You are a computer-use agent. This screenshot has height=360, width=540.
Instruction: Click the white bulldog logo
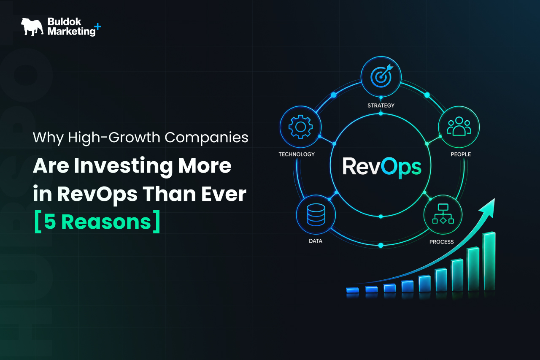click(x=32, y=27)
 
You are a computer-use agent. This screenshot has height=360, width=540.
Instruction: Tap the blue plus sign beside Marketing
click(x=97, y=26)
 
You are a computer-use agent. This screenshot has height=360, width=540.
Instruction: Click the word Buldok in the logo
click(x=64, y=22)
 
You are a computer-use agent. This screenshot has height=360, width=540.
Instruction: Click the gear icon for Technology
click(x=300, y=127)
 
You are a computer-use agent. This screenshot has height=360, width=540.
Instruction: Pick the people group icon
click(x=459, y=126)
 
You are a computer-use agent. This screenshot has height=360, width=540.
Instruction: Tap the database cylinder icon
click(x=316, y=215)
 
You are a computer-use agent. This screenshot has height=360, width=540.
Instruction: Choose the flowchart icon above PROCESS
click(x=443, y=214)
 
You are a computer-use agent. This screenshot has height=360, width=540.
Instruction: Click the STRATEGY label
click(x=381, y=106)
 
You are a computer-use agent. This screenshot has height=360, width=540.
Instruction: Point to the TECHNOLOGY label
click(x=297, y=154)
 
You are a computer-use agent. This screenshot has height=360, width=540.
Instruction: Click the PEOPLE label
click(x=461, y=154)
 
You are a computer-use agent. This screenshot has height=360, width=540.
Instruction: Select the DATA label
click(x=316, y=241)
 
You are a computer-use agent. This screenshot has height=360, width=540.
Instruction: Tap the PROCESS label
click(x=441, y=241)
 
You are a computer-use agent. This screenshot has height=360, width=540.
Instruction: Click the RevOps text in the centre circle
click(x=382, y=167)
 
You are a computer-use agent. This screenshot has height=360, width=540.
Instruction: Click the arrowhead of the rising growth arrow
click(x=489, y=207)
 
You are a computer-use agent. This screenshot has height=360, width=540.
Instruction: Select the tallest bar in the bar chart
click(x=489, y=261)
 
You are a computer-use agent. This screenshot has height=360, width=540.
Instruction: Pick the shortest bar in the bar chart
click(x=352, y=290)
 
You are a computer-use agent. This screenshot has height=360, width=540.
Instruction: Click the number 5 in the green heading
click(x=50, y=222)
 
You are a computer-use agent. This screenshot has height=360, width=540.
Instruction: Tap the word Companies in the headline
click(x=206, y=138)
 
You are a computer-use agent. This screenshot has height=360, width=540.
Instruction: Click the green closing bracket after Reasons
click(x=157, y=222)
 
